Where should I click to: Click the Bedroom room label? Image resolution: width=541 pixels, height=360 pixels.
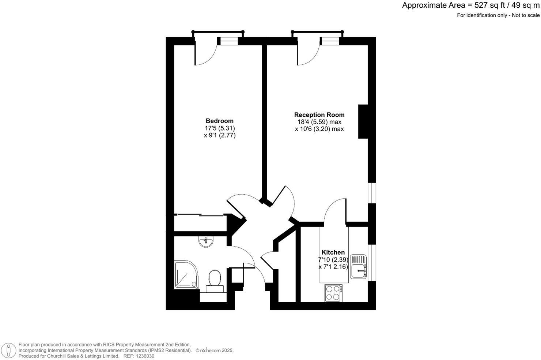pyautogui.click(x=219, y=121)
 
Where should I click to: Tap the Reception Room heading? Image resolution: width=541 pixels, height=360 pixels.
pyautogui.click(x=319, y=115)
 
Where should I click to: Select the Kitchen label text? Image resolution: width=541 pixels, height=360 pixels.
pyautogui.click(x=333, y=252)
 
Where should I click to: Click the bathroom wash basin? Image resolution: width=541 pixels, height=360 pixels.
pyautogui.click(x=206, y=241)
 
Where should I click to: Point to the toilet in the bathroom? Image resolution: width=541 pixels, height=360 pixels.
pyautogui.click(x=214, y=279)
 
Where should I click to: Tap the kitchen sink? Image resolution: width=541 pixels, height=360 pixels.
pyautogui.click(x=357, y=267)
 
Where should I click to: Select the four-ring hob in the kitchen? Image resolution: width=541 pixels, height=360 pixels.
pyautogui.click(x=333, y=293)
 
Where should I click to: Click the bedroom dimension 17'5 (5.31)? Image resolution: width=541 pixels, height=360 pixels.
pyautogui.click(x=219, y=128)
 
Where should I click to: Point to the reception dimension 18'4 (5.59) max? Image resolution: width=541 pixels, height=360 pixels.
pyautogui.click(x=319, y=122)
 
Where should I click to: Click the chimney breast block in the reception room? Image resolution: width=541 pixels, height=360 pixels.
pyautogui.click(x=363, y=121)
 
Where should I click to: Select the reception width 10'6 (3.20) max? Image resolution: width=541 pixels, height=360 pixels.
pyautogui.click(x=319, y=129)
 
